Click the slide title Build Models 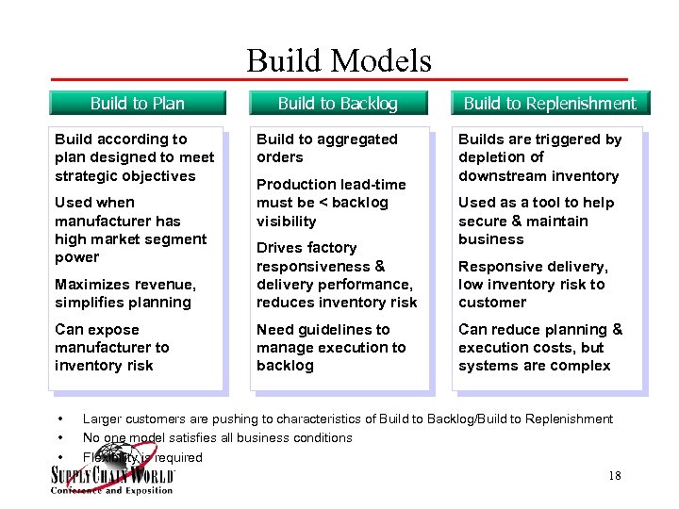339,61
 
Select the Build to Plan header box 138,103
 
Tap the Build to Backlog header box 338,103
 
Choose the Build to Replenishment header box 550,103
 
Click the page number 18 614,476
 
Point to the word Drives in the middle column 280,248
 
